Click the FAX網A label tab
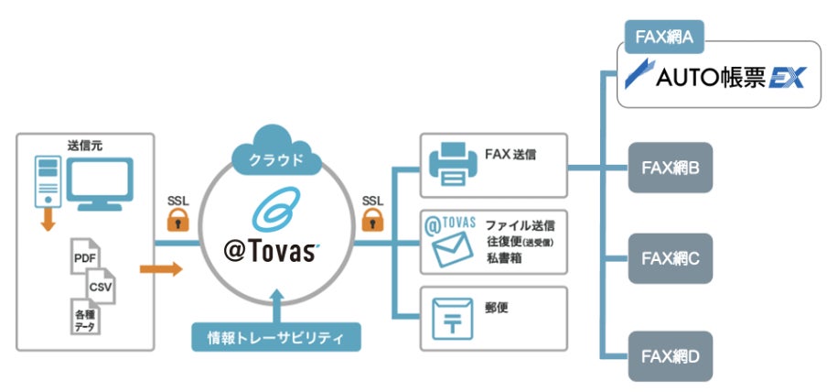click(x=664, y=37)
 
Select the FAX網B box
click(x=671, y=168)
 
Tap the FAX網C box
click(x=671, y=258)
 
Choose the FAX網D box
click(x=671, y=356)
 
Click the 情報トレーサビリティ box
click(x=276, y=336)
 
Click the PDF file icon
click(x=85, y=256)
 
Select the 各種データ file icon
click(x=85, y=316)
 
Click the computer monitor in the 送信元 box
click(x=101, y=183)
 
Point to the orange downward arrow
click(x=48, y=220)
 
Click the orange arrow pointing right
click(x=161, y=269)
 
